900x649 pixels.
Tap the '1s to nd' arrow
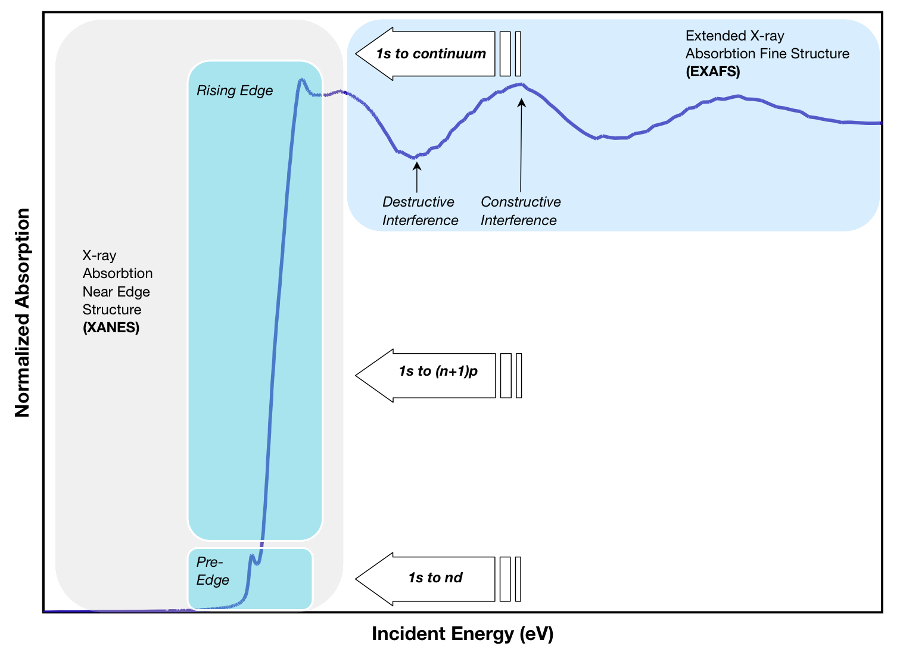coord(435,578)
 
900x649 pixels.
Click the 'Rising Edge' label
coord(235,91)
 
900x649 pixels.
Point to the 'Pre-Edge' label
coord(213,571)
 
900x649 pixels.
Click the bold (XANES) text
coord(111,327)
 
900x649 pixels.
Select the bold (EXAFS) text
coord(712,71)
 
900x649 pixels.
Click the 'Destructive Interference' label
coord(420,211)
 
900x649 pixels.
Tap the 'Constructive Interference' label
coord(520,211)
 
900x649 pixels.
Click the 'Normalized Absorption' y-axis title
coord(22,313)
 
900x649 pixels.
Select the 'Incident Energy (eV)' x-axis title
coord(462,634)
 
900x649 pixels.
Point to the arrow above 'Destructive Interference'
coord(417,176)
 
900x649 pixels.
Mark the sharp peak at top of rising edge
coord(301,80)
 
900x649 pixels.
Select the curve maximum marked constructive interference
coord(521,85)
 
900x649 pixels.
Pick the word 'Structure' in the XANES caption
coord(112,310)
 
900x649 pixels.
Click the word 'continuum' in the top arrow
coord(449,54)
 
